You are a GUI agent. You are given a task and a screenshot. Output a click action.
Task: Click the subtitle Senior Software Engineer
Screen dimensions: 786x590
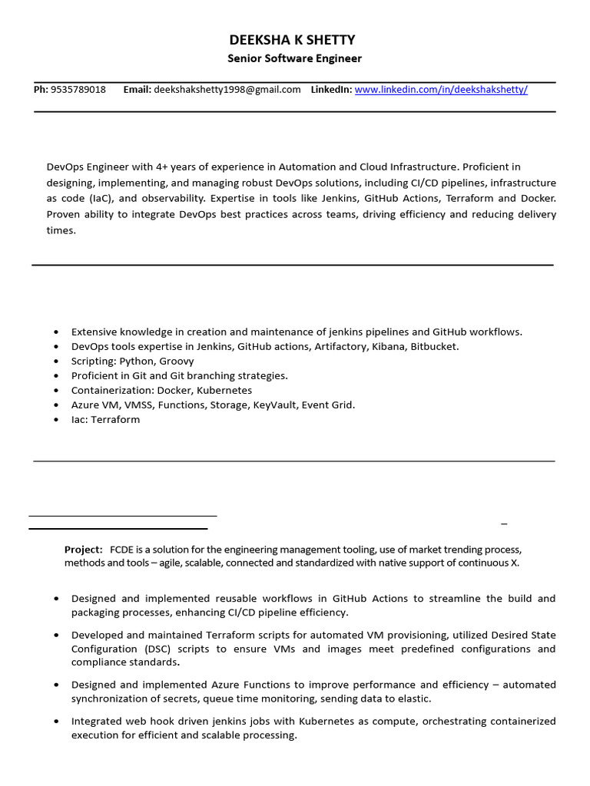coord(294,58)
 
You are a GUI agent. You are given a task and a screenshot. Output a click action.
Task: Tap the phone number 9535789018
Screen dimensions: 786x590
coord(78,90)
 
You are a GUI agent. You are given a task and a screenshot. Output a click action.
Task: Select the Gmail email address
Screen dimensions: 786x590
coord(227,90)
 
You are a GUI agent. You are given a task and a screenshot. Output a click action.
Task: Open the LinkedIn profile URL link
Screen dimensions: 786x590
coord(441,90)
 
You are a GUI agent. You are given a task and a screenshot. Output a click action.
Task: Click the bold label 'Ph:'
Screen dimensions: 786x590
coord(41,90)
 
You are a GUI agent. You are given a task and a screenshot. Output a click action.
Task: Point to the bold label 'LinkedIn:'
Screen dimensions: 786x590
coord(331,90)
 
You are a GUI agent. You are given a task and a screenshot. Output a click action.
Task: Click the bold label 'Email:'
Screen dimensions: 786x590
coord(138,90)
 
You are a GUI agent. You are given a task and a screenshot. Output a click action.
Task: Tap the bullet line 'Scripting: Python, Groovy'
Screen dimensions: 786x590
coord(132,362)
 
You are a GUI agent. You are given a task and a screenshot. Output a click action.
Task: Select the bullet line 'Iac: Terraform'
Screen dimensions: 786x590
coord(105,420)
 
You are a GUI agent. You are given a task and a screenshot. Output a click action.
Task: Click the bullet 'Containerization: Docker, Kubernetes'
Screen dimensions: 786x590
coord(161,391)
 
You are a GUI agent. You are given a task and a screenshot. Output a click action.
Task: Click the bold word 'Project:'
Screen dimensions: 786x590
coord(83,550)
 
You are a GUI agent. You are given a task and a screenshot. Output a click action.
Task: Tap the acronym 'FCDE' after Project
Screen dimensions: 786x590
coord(124,550)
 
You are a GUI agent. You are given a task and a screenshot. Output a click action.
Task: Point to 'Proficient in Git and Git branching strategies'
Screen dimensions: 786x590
coord(179,376)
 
